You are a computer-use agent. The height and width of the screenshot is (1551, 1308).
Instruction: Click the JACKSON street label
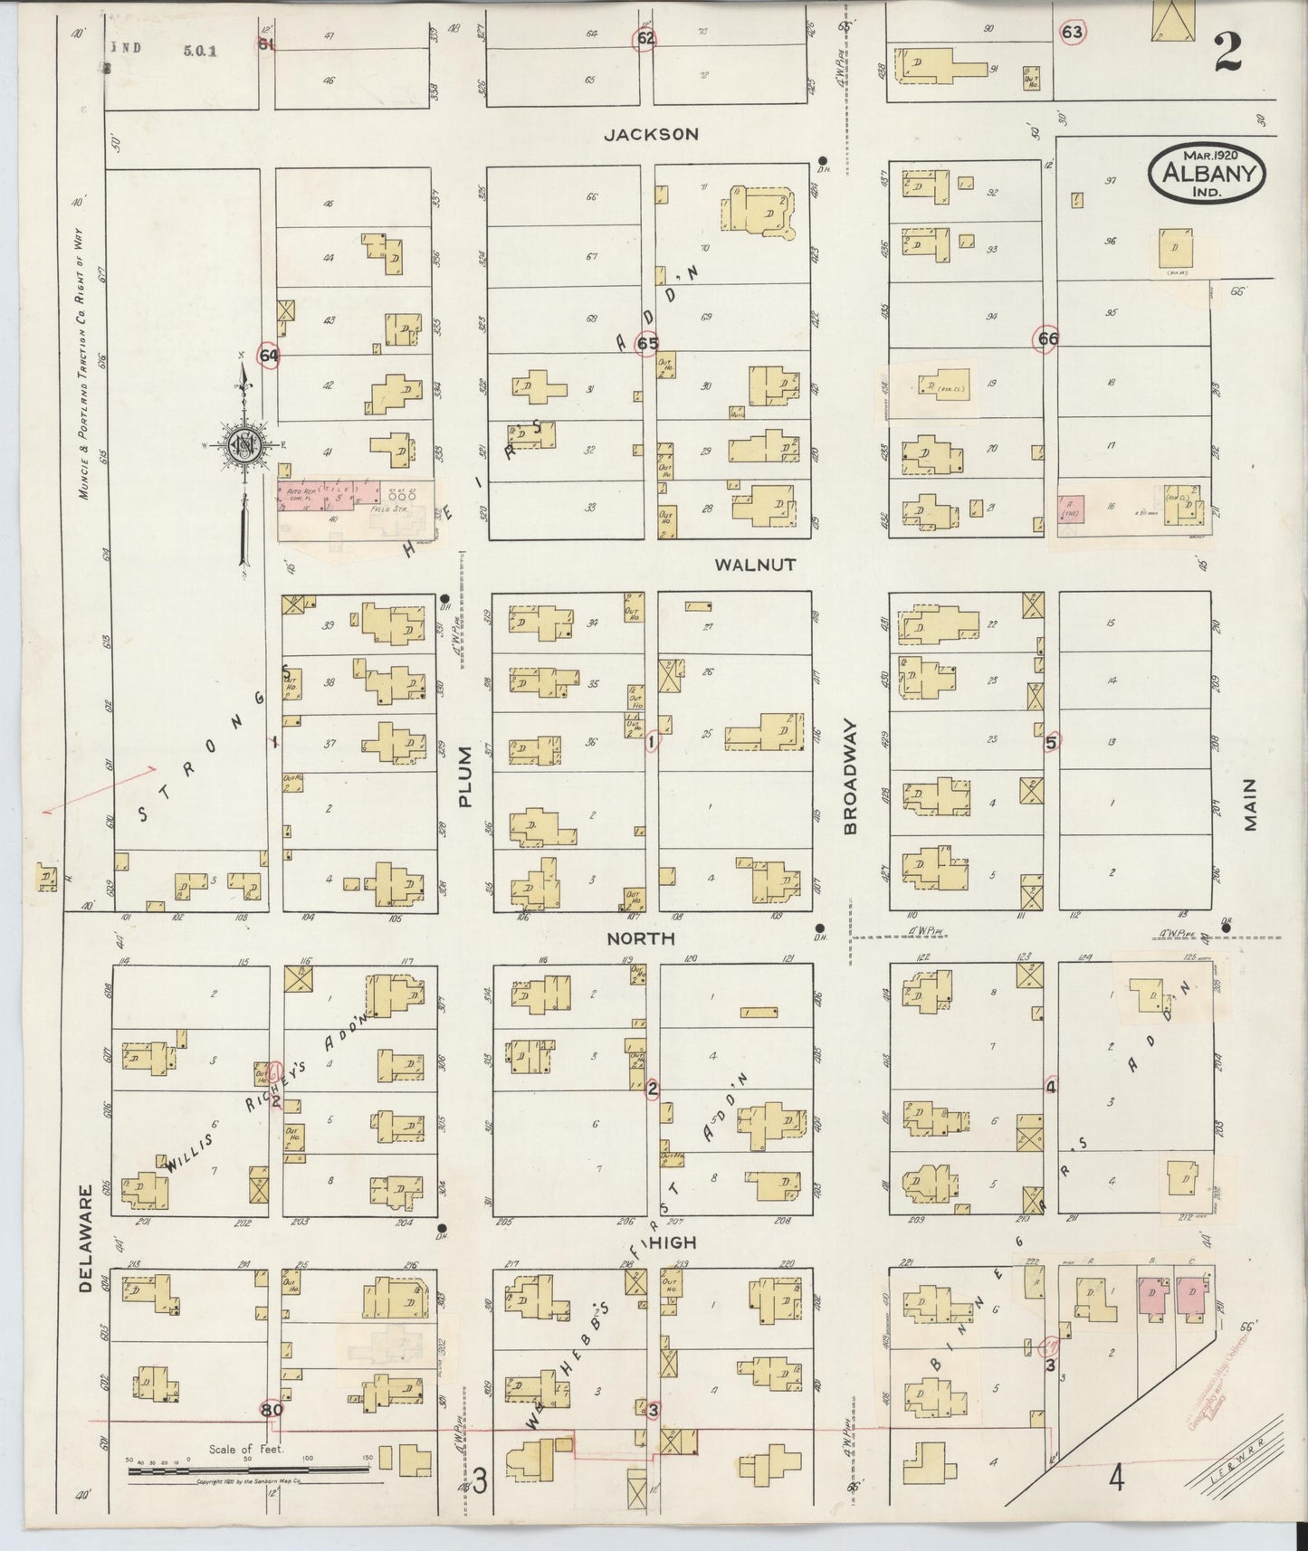click(x=651, y=135)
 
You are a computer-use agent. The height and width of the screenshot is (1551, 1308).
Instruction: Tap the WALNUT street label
click(x=755, y=565)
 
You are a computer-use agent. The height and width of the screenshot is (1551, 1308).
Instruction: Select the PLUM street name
click(x=465, y=776)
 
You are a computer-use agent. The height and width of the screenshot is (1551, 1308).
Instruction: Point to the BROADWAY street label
click(x=850, y=776)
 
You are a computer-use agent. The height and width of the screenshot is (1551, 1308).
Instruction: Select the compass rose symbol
click(x=243, y=444)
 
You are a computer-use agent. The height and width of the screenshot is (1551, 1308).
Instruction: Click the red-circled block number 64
click(x=268, y=356)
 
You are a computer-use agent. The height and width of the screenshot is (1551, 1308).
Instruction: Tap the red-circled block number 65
click(x=647, y=344)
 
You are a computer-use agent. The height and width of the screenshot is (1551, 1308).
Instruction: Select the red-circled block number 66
click(x=1048, y=338)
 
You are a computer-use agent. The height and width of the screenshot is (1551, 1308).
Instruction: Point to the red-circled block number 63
click(x=1072, y=33)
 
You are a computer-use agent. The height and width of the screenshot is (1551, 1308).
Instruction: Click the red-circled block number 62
click(x=644, y=39)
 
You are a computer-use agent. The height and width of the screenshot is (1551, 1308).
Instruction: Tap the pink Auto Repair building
click(x=329, y=495)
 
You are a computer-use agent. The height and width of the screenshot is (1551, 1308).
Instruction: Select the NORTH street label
click(x=642, y=938)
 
